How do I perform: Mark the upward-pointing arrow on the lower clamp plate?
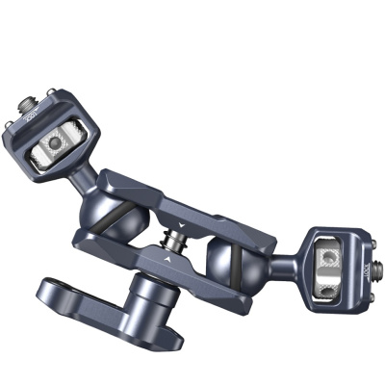(x=169, y=259)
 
